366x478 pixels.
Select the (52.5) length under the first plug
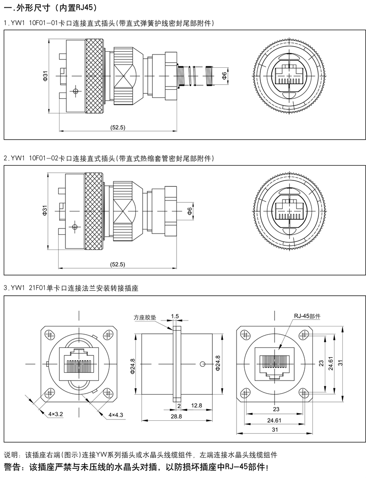(x=118, y=127)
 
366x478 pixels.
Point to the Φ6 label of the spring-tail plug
(x=224, y=76)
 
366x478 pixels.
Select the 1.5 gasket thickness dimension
(x=174, y=316)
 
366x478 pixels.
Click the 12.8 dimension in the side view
(x=197, y=406)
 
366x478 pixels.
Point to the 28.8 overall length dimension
(x=176, y=417)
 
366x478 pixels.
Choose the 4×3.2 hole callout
(x=55, y=414)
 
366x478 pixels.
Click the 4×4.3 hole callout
(x=116, y=414)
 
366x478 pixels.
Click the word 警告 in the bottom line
(x=14, y=468)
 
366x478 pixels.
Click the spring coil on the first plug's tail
(x=197, y=76)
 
